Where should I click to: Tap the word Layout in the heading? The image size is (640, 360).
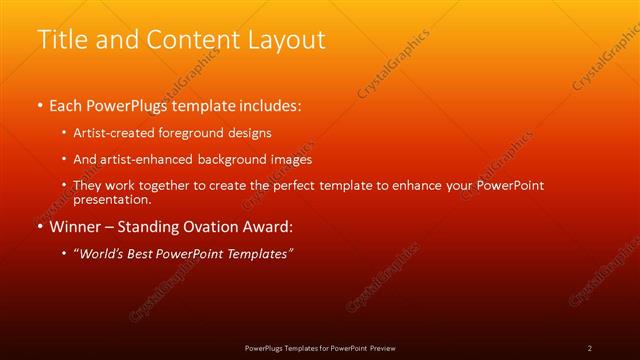coord(286,40)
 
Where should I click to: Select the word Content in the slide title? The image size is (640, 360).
coord(190,40)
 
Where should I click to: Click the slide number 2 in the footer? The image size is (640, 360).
coord(590,348)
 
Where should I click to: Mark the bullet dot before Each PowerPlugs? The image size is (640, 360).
coord(39,105)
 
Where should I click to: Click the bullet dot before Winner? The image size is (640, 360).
coord(39,226)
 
